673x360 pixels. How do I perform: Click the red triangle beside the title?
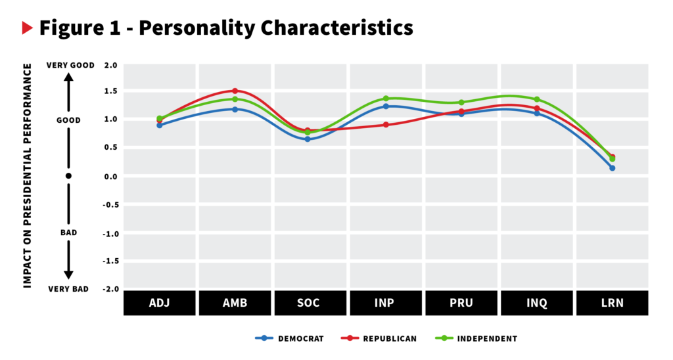pyautogui.click(x=27, y=28)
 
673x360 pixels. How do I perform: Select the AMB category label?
pyautogui.click(x=235, y=304)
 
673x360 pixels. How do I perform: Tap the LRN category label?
pyautogui.click(x=612, y=304)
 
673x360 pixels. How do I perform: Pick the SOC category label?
pyautogui.click(x=310, y=304)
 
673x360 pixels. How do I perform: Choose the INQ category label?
pyautogui.click(x=536, y=304)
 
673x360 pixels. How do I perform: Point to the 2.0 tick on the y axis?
pyautogui.click(x=110, y=65)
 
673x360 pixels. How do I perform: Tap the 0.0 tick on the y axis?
pyautogui.click(x=110, y=177)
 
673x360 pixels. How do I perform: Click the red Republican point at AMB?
pyautogui.click(x=235, y=91)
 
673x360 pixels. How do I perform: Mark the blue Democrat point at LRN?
pyautogui.click(x=612, y=168)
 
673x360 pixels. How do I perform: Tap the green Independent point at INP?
pyautogui.click(x=386, y=99)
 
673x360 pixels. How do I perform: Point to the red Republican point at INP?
pyautogui.click(x=386, y=125)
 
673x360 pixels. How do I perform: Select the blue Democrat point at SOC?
pyautogui.click(x=307, y=139)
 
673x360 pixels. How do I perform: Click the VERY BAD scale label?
pyautogui.click(x=68, y=289)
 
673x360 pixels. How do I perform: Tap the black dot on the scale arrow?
pyautogui.click(x=68, y=176)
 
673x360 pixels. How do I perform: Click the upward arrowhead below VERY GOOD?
pyautogui.click(x=68, y=76)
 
